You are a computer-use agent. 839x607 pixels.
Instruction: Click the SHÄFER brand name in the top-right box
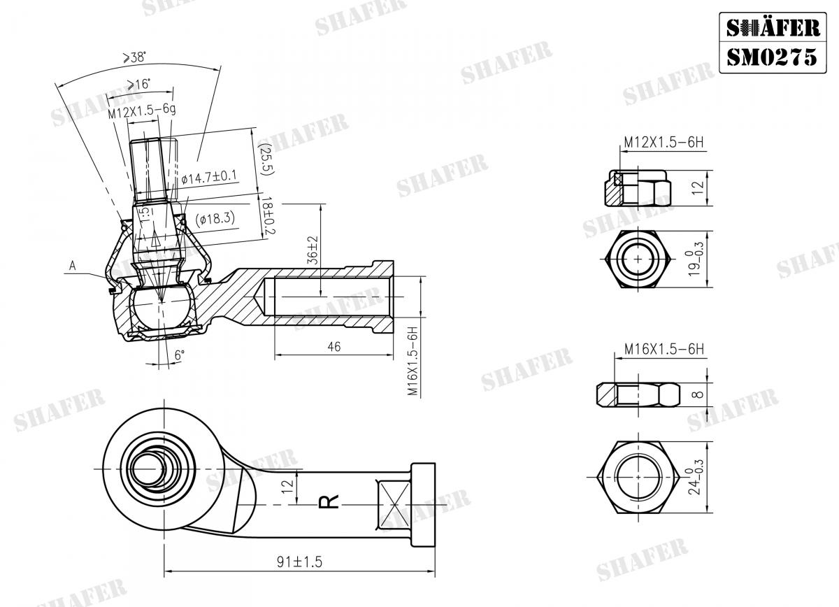(771, 27)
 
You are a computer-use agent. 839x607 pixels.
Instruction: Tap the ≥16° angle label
(138, 85)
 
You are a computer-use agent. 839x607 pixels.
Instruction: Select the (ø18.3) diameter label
(215, 218)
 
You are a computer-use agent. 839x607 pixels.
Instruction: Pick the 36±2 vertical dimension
(312, 249)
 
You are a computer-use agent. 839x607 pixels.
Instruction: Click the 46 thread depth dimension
(334, 347)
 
